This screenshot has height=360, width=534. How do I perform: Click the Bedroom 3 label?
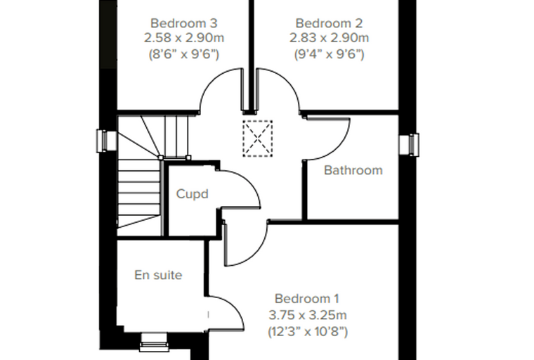[x=184, y=23]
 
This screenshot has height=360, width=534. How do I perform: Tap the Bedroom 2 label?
[x=329, y=23]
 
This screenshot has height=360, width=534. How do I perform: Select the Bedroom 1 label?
[x=307, y=299]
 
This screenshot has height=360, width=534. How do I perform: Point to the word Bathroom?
[x=353, y=170]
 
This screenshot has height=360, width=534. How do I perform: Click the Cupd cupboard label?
[x=192, y=194]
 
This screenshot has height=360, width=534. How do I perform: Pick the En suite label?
[x=158, y=275]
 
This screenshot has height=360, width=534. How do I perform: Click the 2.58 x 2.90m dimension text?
[x=184, y=38]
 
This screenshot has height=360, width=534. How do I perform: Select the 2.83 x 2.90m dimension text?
[x=329, y=38]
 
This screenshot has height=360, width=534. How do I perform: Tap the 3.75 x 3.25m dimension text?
[x=308, y=315]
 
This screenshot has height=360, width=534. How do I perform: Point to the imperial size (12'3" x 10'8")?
[x=308, y=331]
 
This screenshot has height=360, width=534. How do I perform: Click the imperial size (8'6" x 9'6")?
[x=184, y=54]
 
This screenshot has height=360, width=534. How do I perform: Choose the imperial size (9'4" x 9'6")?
[x=329, y=54]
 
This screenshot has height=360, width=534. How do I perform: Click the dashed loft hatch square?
[x=257, y=139]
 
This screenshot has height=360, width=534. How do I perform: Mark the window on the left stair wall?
[x=102, y=141]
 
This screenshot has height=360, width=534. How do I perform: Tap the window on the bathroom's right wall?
[x=414, y=145]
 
